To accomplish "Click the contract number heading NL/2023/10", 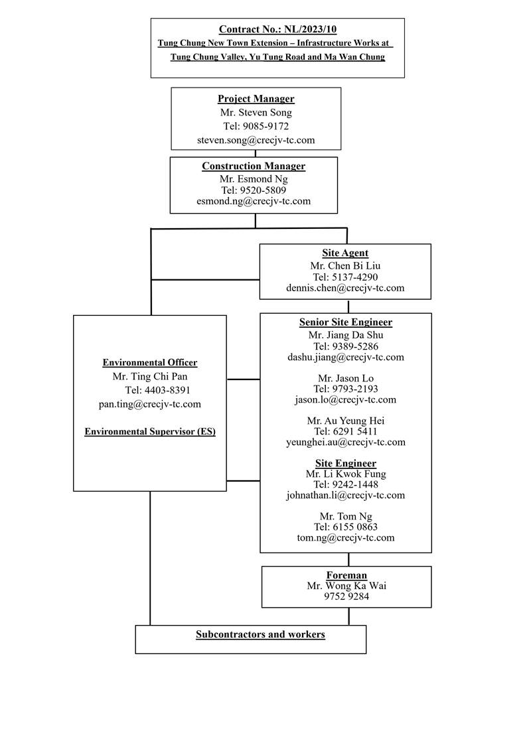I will pos(277,29).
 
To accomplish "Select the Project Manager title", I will pos(256,99).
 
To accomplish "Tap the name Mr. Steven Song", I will pos(256,113).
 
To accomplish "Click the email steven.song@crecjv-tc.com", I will pos(256,140).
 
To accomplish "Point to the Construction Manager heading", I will pos(254,167).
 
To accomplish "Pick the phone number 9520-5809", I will pos(254,190).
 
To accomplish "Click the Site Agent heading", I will pos(345,253).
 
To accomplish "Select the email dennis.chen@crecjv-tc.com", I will pos(345,288).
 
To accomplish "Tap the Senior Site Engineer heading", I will pos(345,322).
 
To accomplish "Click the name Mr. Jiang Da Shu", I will pos(345,335).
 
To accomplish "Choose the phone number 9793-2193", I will pos(346,389).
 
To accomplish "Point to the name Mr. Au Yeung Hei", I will pos(345,421).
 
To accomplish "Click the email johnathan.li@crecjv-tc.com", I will pos(345,495).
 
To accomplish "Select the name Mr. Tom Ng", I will pos(345,516).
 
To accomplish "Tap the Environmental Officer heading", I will pos(150,363).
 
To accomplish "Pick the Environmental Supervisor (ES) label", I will pos(150,432).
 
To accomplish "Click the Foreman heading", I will pos(346,575).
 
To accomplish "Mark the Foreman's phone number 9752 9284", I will pos(346,596).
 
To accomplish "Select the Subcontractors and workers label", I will pos(260,635).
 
